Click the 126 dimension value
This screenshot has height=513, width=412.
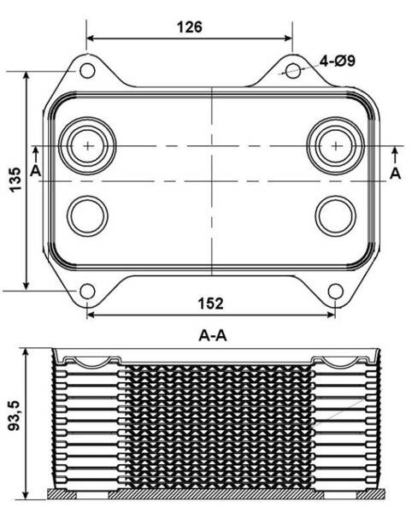coord(190,27)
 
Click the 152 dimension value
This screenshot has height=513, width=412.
coord(211,304)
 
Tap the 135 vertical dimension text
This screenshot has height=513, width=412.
coord(15,180)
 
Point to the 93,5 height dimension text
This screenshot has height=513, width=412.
coord(15,416)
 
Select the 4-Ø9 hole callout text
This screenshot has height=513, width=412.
coord(337,61)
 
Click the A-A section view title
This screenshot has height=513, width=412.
coord(213,335)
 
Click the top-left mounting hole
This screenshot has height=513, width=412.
coord(87,70)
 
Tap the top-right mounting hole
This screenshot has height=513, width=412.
coord(293,71)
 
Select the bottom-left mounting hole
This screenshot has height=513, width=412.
coord(87,292)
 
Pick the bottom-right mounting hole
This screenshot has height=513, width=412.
coord(335,292)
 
